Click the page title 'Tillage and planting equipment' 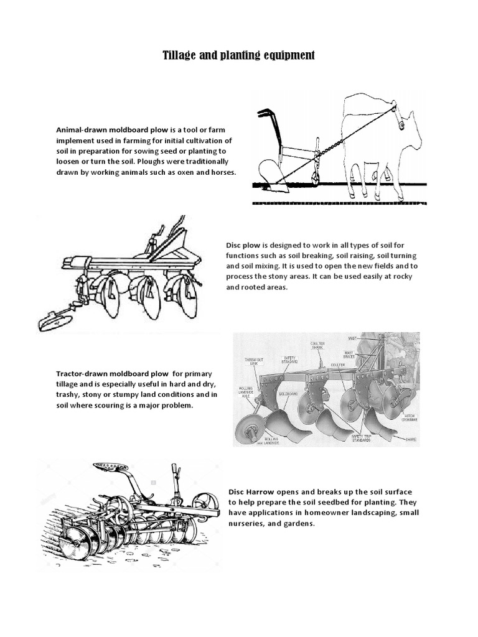pos(239,56)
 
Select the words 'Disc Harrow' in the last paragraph pos(252,491)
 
